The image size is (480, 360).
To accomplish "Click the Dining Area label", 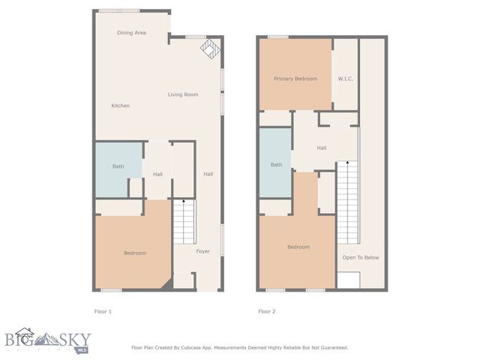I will pyautogui.click(x=131, y=33).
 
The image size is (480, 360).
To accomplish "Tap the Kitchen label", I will pyautogui.click(x=121, y=106).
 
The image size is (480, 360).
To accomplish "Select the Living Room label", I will pyautogui.click(x=183, y=94).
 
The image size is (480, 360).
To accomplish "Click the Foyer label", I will pyautogui.click(x=203, y=251).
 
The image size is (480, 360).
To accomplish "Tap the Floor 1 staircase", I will pyautogui.click(x=184, y=221).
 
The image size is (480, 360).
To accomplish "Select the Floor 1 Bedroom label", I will pyautogui.click(x=135, y=253).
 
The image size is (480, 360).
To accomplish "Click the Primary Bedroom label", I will pyautogui.click(x=295, y=79).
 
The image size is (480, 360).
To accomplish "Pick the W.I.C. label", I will pyautogui.click(x=346, y=79).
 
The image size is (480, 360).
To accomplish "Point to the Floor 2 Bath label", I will pyautogui.click(x=277, y=165).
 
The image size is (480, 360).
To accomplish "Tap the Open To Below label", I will pyautogui.click(x=361, y=257).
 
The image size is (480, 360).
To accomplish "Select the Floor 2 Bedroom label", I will pyautogui.click(x=298, y=247).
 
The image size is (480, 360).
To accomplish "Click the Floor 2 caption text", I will pyautogui.click(x=267, y=311).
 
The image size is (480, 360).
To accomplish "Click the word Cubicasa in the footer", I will pyautogui.click(x=202, y=348).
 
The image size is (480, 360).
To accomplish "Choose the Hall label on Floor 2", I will pyautogui.click(x=322, y=148).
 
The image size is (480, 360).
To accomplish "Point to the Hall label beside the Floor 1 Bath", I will pyautogui.click(x=158, y=175).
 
